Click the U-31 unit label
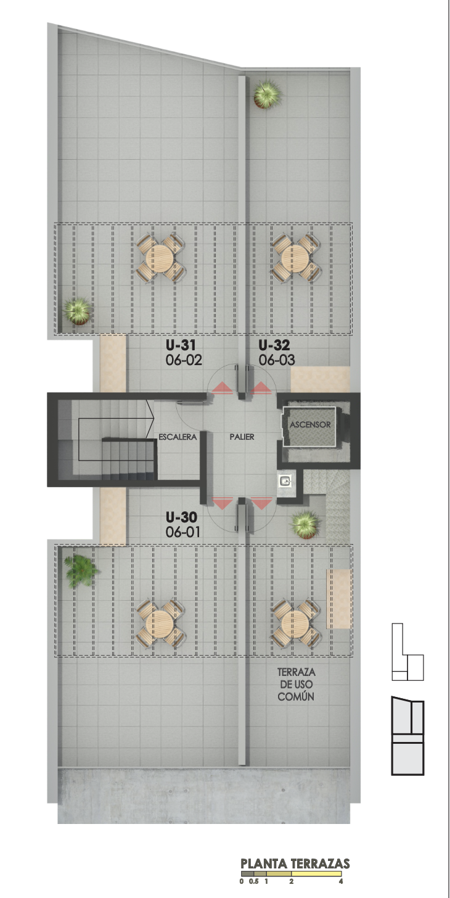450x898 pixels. click(x=181, y=345)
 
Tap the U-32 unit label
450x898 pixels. click(x=274, y=345)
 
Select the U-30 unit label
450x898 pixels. click(x=181, y=517)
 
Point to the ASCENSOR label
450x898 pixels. click(x=310, y=424)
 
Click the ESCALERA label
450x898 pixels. click(x=178, y=437)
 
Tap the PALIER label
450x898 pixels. click(x=242, y=437)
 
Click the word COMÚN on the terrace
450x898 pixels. click(x=296, y=696)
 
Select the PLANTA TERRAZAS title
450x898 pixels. click(x=295, y=863)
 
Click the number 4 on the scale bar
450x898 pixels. click(x=341, y=881)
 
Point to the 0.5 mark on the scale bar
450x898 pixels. click(x=253, y=881)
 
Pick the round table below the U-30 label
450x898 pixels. click(x=160, y=624)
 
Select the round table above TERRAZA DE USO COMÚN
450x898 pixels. click(x=296, y=624)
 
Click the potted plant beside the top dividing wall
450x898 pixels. click(x=267, y=94)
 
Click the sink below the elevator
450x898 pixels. click(x=285, y=481)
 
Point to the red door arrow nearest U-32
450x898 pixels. click(x=261, y=387)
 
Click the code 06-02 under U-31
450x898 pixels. click(x=184, y=360)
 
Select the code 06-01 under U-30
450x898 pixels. click(x=182, y=532)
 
